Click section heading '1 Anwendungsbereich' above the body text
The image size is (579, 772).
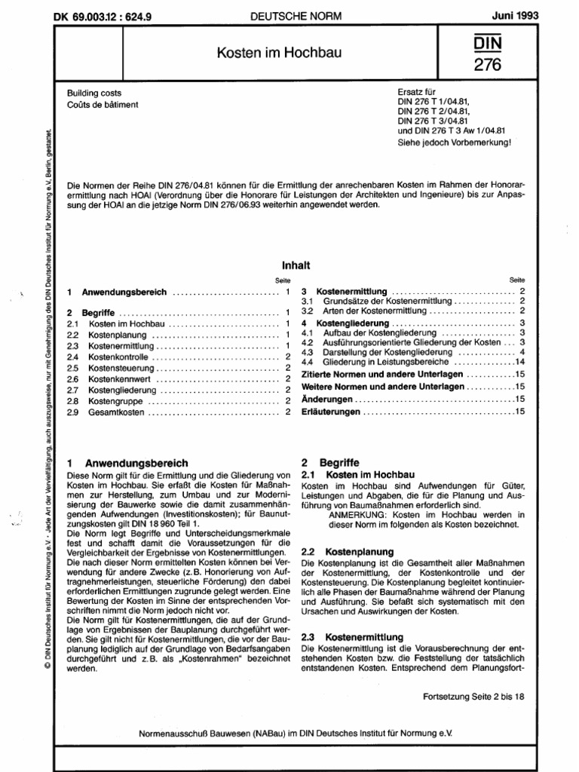127,462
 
